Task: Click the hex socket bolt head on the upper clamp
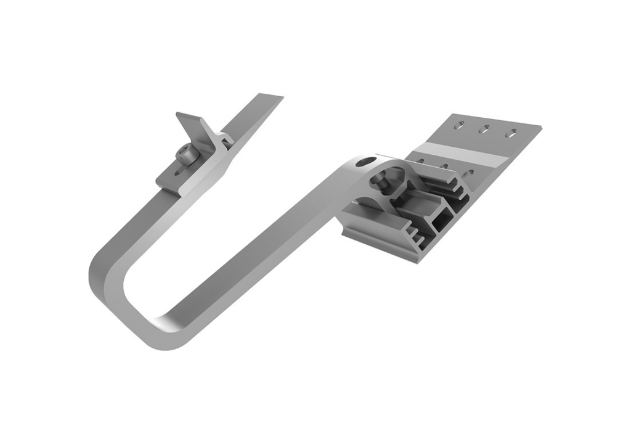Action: [185, 155]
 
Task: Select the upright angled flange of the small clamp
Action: [191, 126]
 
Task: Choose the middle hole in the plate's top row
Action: [485, 129]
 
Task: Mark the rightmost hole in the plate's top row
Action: [511, 133]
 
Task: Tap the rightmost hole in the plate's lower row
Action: [470, 173]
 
